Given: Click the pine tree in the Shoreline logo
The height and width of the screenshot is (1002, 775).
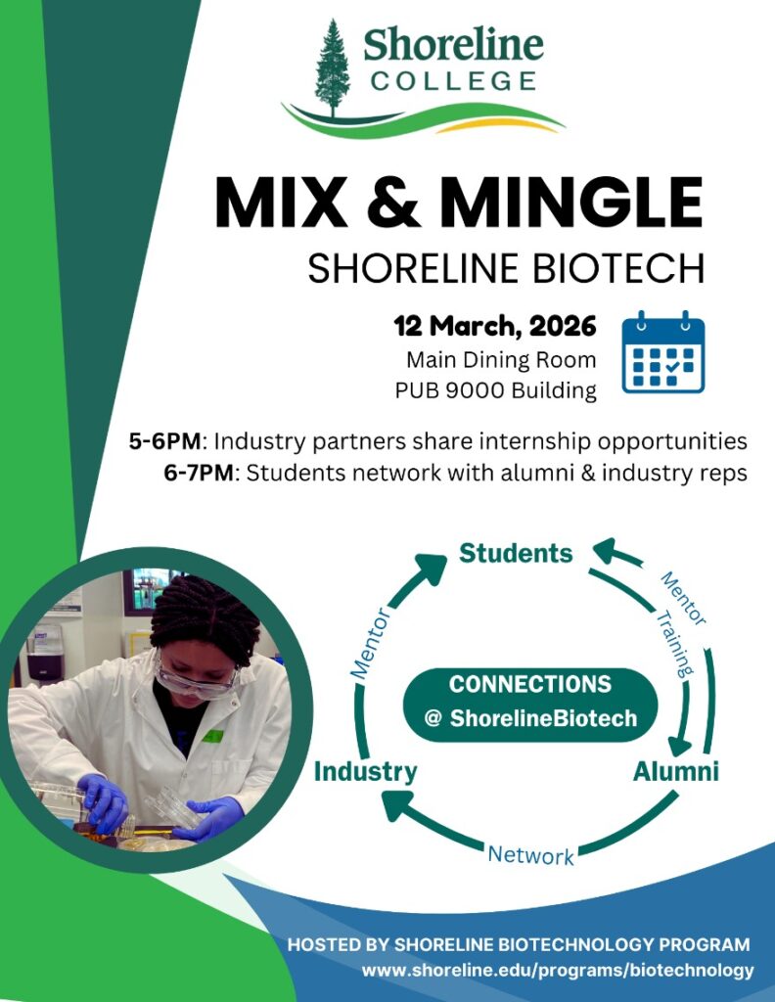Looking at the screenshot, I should pos(333,68).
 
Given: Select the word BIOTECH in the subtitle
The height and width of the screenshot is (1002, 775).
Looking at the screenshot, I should pos(624,268).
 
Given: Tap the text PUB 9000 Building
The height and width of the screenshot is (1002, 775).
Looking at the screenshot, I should pos(496,390).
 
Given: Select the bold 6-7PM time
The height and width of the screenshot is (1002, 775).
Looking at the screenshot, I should pos(200,474).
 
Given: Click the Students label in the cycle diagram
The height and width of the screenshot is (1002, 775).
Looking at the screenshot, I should pos(516,554).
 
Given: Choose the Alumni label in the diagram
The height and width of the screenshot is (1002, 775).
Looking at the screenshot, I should pos(675,771).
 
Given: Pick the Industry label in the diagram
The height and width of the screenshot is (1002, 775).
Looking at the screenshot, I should pos(365,772).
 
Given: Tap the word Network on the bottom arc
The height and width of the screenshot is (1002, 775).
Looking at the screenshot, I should pos(530,854).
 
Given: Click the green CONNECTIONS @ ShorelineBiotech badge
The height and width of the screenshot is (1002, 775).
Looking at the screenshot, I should pos(530,701).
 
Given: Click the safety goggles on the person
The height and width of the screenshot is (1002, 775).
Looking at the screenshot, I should pos(196,680).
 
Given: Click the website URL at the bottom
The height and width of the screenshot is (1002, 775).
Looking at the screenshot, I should pos(558,971).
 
